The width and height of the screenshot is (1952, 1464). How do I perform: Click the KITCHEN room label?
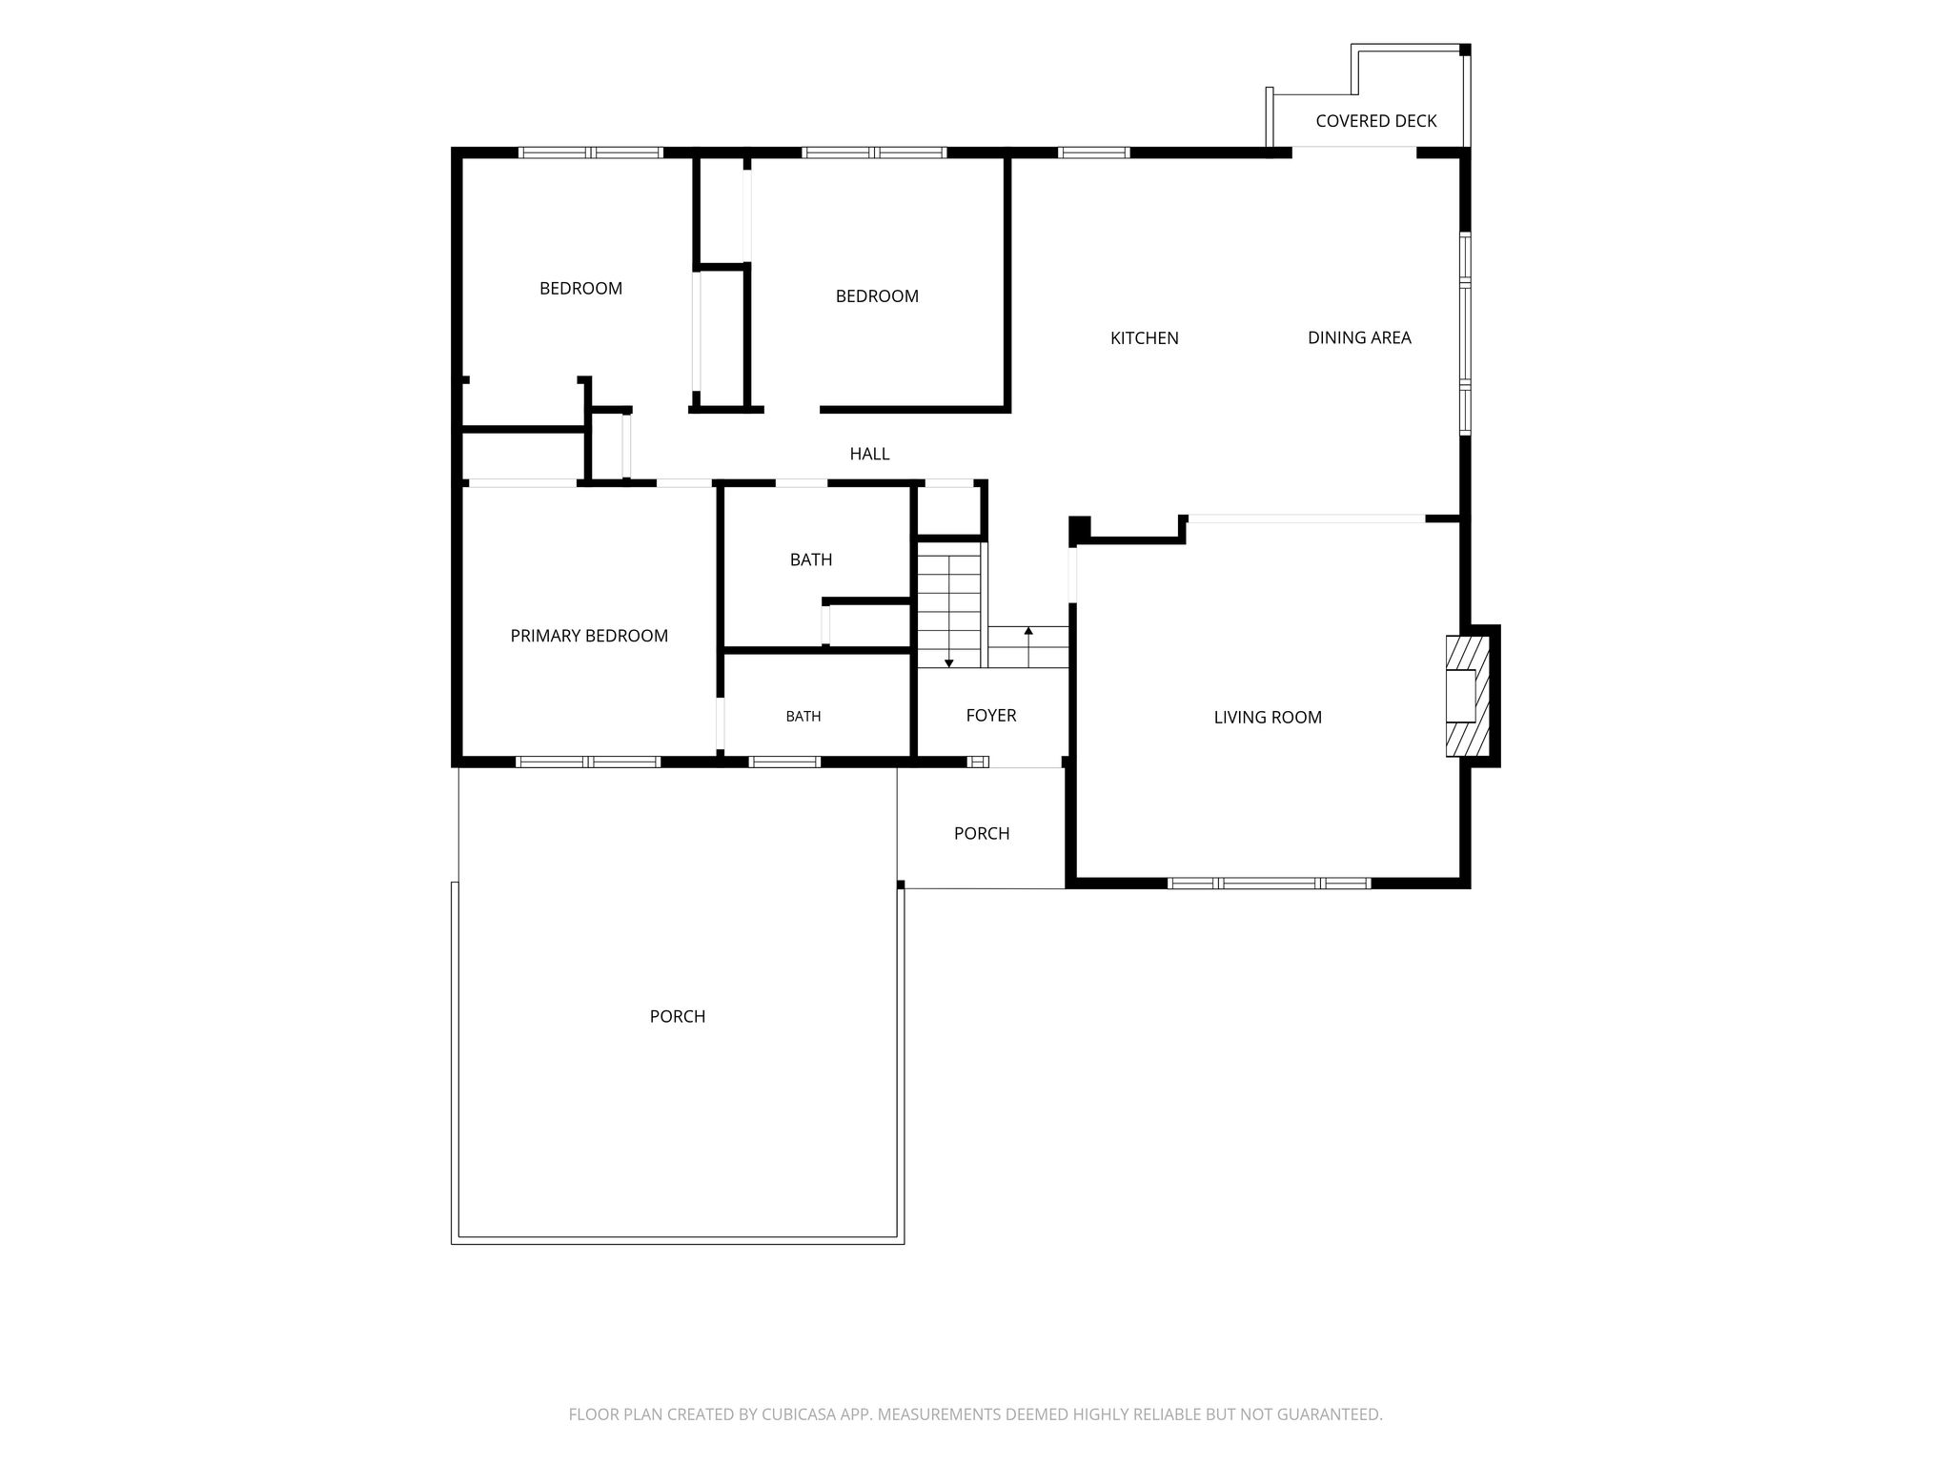[1144, 338]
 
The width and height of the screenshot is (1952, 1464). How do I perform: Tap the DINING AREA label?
[1359, 337]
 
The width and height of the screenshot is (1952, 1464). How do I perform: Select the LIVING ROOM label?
[1268, 718]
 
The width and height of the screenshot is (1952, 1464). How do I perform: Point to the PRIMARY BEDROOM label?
[589, 636]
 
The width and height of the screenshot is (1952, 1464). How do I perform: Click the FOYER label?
[991, 716]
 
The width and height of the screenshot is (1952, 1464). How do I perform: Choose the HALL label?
[869, 455]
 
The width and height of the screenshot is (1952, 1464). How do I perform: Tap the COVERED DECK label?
[1375, 121]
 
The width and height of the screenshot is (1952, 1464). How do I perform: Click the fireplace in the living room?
[1468, 696]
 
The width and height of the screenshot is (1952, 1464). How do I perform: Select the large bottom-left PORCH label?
[678, 1017]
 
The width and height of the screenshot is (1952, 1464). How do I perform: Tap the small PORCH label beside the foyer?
[982, 834]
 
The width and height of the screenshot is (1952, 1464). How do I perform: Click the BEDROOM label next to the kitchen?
[877, 296]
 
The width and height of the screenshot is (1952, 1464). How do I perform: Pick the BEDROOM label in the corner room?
[580, 289]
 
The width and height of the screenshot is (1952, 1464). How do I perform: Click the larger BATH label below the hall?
[811, 559]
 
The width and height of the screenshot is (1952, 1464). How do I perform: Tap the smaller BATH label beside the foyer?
[803, 717]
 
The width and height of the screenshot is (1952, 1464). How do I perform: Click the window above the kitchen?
[1093, 152]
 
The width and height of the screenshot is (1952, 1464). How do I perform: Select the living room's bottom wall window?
[1270, 884]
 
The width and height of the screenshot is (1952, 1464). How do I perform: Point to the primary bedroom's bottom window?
[588, 762]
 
